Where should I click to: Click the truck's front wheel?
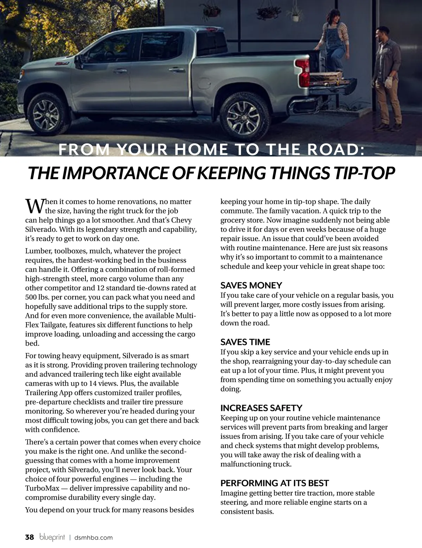pos(46,112)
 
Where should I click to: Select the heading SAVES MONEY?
pos(251,285)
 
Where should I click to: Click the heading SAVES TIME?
pos(245,342)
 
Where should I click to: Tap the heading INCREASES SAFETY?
pos(261,408)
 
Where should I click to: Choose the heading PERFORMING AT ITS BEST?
pos(275,483)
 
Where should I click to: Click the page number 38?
pos(30,537)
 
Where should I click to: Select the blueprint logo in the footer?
pos(52,537)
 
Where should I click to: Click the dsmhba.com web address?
pos(94,537)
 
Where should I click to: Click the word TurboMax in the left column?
pos(42,488)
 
